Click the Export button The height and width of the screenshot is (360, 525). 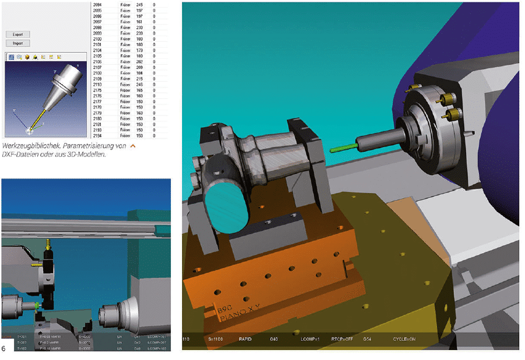click(17, 34)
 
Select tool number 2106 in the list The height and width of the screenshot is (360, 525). click(97, 61)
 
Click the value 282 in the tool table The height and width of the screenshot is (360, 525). click(139, 61)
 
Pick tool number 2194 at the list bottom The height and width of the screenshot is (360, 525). click(97, 135)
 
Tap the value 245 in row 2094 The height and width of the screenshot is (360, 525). click(139, 4)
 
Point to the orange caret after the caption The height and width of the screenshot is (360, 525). click(133, 145)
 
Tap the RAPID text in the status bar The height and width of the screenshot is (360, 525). click(245, 338)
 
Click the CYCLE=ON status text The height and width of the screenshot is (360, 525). click(403, 338)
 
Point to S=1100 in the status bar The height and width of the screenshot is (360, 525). click(216, 338)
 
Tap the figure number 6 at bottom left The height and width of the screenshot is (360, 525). click(4, 348)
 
